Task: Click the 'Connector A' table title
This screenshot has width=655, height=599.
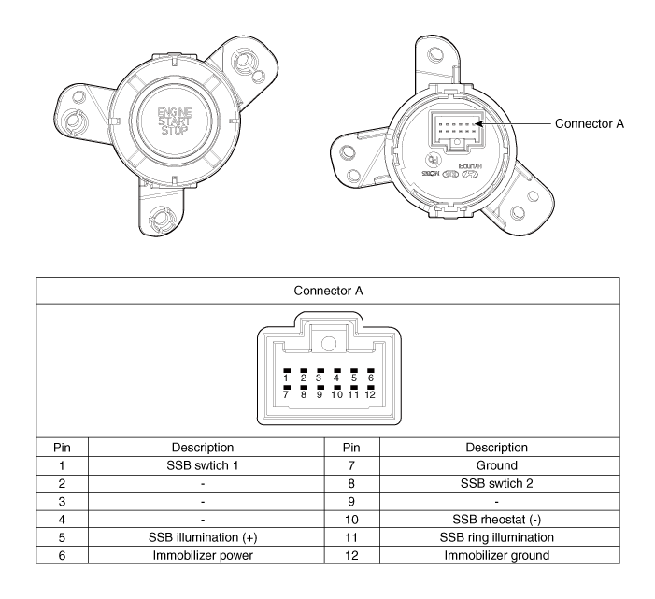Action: [x=327, y=292]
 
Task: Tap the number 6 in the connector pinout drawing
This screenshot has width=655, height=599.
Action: [x=371, y=378]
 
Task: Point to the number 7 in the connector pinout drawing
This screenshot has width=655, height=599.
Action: [x=287, y=395]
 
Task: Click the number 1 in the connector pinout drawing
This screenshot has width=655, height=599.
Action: [x=287, y=378]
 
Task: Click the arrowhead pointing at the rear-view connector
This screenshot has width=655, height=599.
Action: [x=478, y=123]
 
